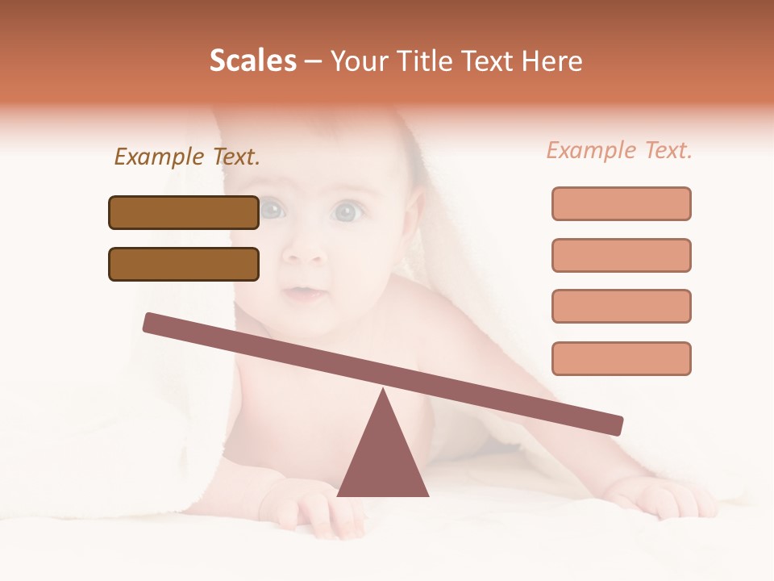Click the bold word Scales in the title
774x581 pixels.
tap(253, 61)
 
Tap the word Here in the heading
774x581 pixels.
tap(551, 61)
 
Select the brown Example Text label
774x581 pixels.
tap(187, 157)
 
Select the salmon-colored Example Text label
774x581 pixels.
tap(619, 150)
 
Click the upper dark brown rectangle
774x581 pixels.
tap(184, 212)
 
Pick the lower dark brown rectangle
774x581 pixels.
tap(184, 264)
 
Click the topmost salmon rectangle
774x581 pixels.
tap(621, 203)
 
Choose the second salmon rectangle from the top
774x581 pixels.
tap(621, 255)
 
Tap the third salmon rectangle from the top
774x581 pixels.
tap(621, 306)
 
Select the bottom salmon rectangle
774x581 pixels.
tap(621, 358)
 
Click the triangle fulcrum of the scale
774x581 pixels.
tap(383, 456)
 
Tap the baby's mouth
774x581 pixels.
tap(305, 292)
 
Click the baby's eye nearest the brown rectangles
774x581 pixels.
tap(273, 211)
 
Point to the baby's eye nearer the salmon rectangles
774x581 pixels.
tap(347, 212)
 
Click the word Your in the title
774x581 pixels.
tap(356, 61)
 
